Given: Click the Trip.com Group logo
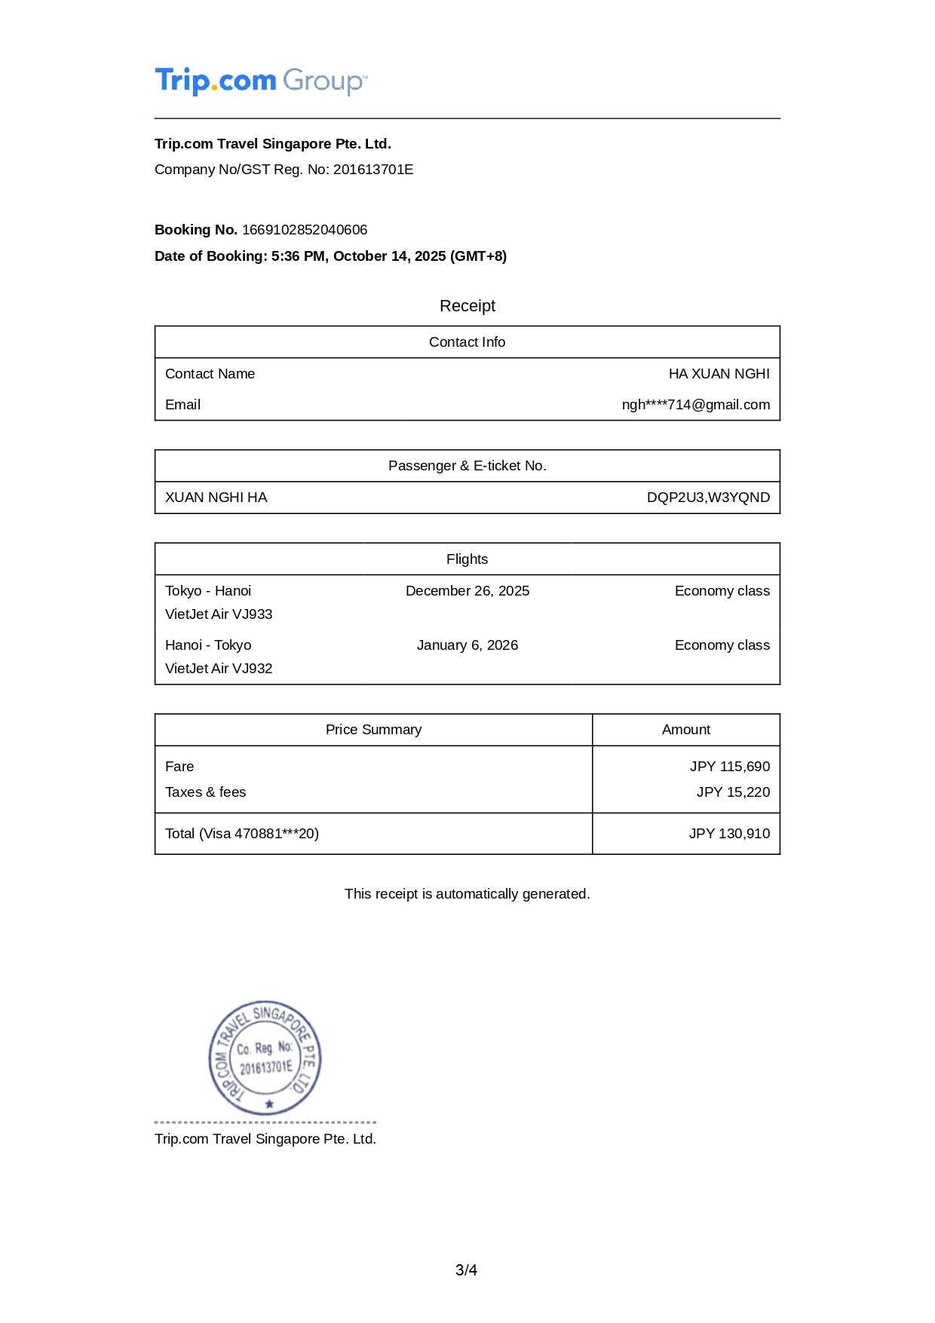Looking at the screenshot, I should (x=261, y=81).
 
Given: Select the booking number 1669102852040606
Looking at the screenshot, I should (x=305, y=230).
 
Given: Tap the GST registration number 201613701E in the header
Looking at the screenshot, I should (x=373, y=170).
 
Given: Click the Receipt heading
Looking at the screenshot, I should (x=467, y=306).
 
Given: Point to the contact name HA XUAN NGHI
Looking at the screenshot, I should (x=719, y=374).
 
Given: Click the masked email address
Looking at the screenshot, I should (x=695, y=405).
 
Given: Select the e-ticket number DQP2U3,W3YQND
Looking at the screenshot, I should (x=708, y=498).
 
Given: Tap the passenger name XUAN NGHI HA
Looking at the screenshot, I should (x=216, y=498).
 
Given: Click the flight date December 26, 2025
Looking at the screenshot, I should (x=467, y=591).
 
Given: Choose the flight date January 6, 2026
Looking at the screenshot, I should (x=467, y=645).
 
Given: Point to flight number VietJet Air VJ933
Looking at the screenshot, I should (x=219, y=614).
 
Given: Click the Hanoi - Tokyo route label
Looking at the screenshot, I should (x=208, y=645).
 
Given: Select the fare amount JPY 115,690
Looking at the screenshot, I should (x=729, y=767).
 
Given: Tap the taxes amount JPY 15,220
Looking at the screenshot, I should (x=733, y=792).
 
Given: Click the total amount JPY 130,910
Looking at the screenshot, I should (x=729, y=834).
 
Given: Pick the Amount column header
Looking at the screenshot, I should (x=685, y=730).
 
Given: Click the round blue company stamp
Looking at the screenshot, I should (x=265, y=1058).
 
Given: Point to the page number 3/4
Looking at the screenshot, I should (x=466, y=1270).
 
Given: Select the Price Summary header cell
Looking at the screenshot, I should (x=373, y=730).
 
